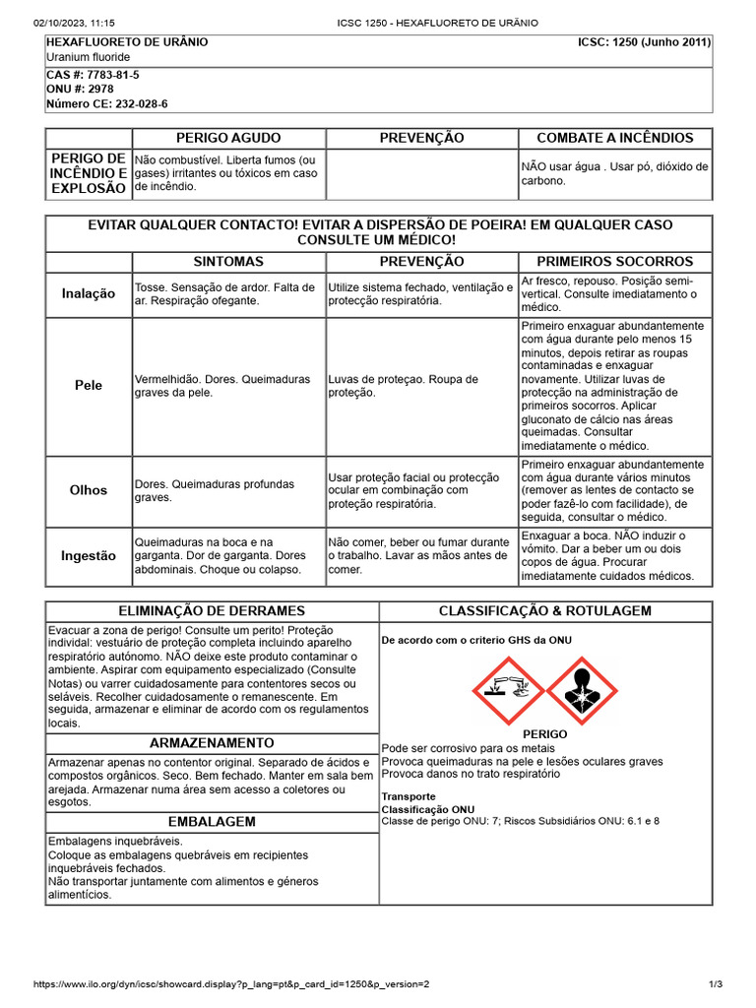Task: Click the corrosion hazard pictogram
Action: pyautogui.click(x=508, y=691)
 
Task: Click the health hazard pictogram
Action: pyautogui.click(x=582, y=691)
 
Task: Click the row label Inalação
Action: pyautogui.click(x=89, y=293)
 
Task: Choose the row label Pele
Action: pyautogui.click(x=89, y=386)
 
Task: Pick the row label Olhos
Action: pyautogui.click(x=89, y=490)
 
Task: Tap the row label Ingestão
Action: pyautogui.click(x=89, y=555)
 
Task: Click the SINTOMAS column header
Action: pyautogui.click(x=228, y=262)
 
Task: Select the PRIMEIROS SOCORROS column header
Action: pyautogui.click(x=614, y=262)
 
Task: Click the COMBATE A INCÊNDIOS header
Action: pyautogui.click(x=614, y=138)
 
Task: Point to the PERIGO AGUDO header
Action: pyautogui.click(x=228, y=138)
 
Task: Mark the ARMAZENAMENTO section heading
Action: pyautogui.click(x=212, y=743)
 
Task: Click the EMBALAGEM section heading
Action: pyautogui.click(x=212, y=822)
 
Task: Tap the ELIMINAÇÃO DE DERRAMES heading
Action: pyautogui.click(x=212, y=611)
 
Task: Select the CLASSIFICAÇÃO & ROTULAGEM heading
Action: pyautogui.click(x=545, y=611)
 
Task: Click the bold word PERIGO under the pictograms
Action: pyautogui.click(x=544, y=734)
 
